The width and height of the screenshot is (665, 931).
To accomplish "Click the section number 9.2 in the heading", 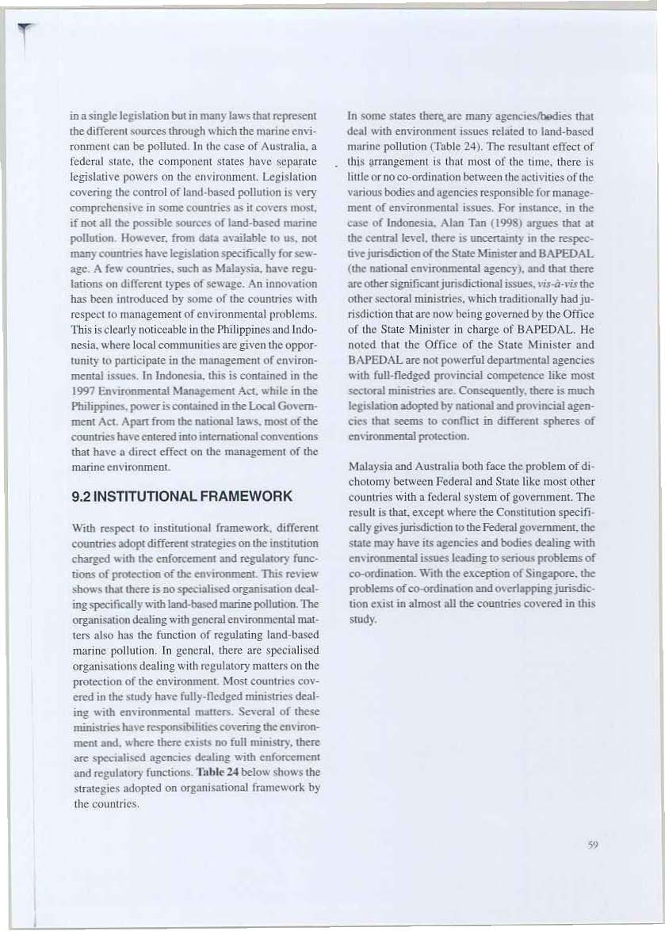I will tap(82, 497).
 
